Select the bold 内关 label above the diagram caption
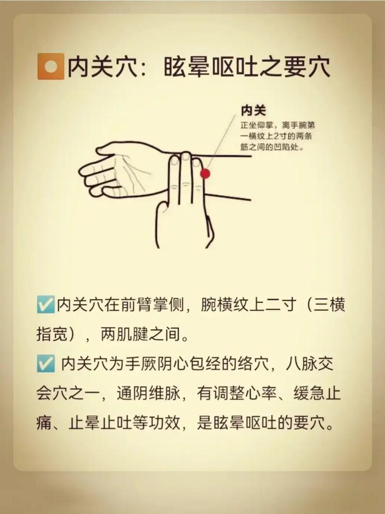253,111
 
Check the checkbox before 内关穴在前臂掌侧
45,305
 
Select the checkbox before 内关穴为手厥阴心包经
45,365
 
